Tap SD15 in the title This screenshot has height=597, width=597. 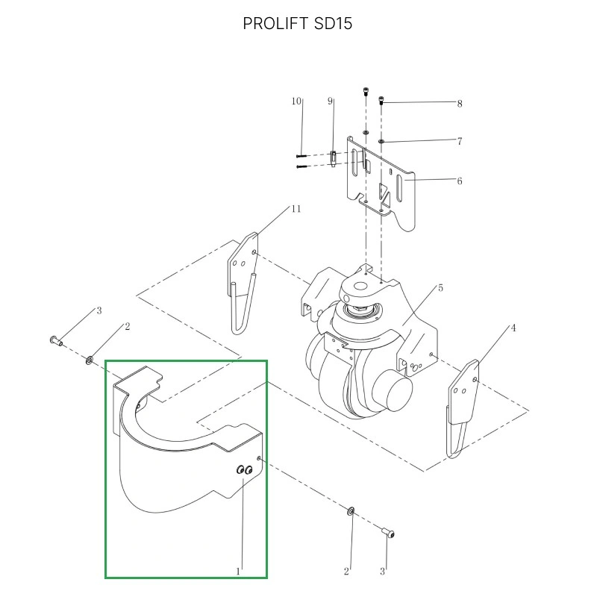click(333, 24)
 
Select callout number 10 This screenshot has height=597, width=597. click(296, 101)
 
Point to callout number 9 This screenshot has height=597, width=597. click(330, 101)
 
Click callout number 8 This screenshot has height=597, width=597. click(460, 104)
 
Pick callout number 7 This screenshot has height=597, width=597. click(460, 141)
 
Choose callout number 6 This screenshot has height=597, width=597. click(460, 181)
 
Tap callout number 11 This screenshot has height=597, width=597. click(296, 209)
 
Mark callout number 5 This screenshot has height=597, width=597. click(440, 288)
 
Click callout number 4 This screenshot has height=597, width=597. click(513, 328)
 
